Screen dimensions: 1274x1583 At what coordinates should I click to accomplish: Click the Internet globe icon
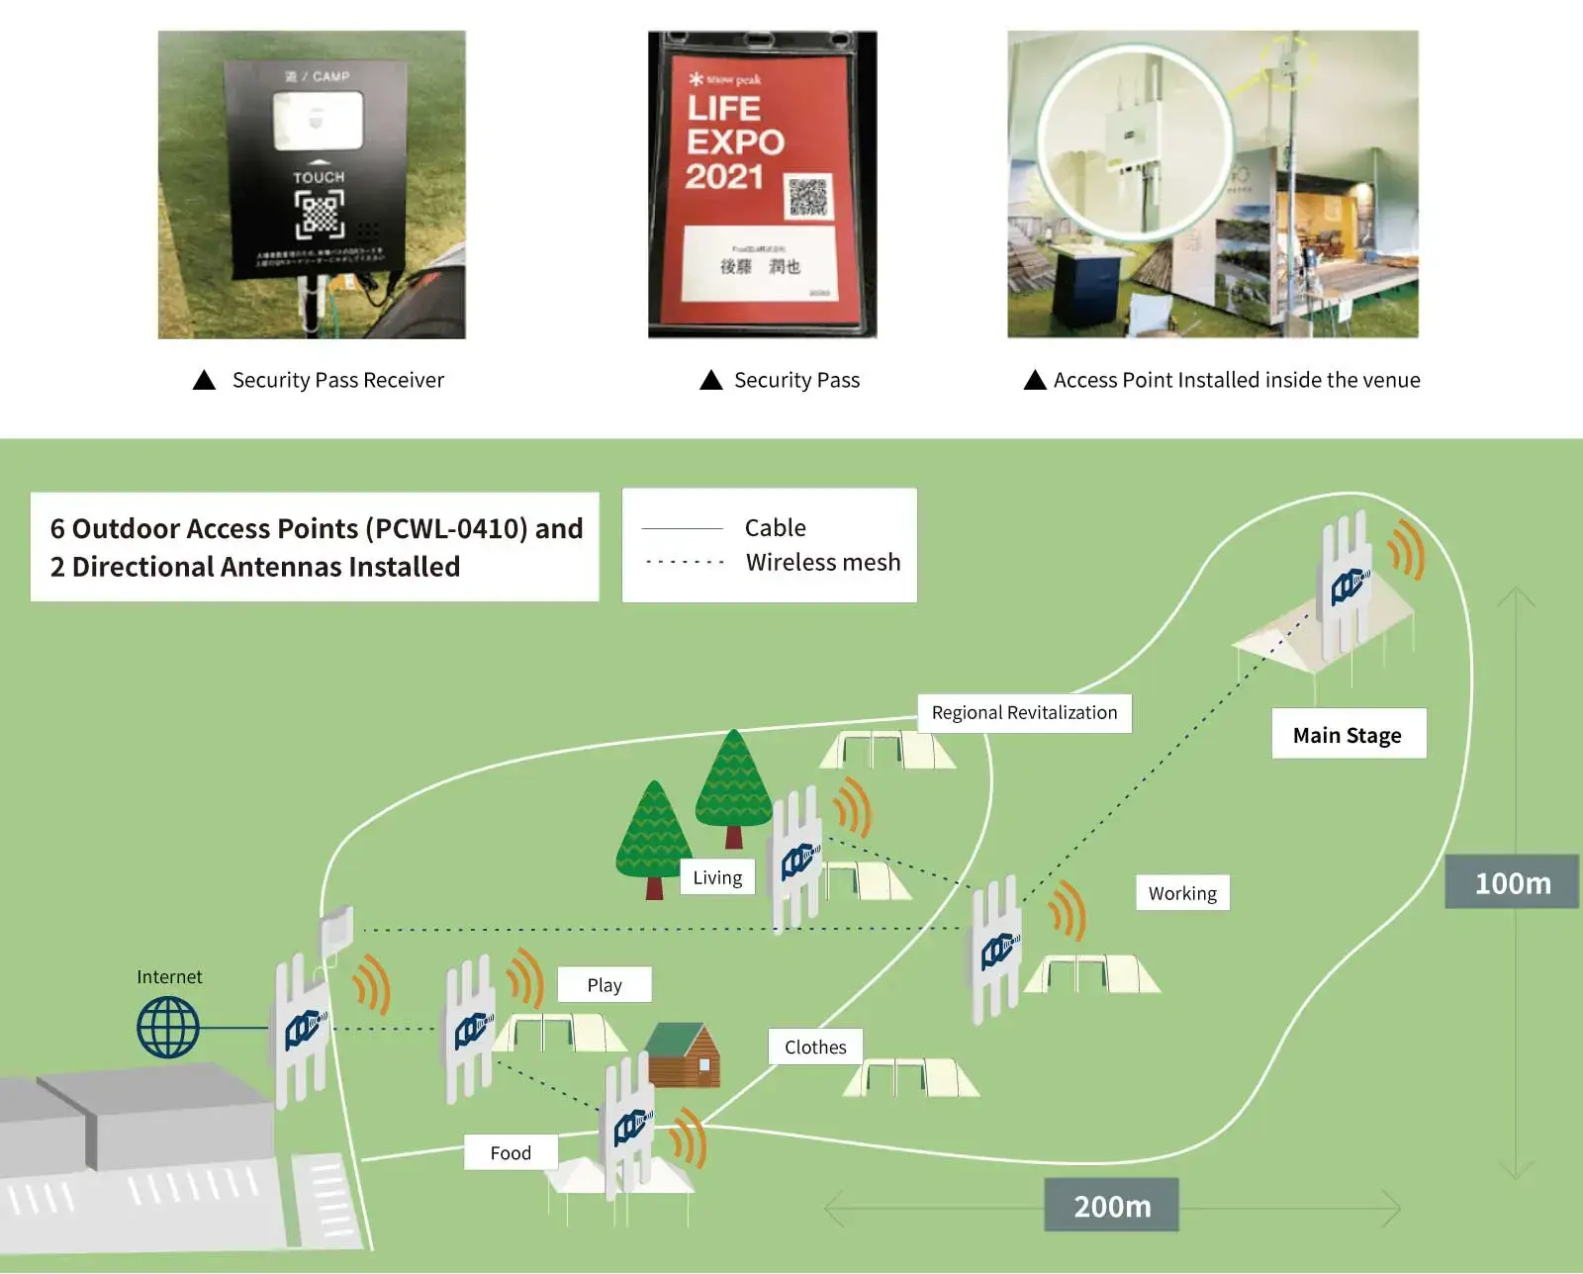point(168,1027)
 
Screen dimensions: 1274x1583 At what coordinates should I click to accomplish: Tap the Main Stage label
point(1348,735)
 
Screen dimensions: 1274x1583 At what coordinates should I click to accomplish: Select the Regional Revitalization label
point(1024,713)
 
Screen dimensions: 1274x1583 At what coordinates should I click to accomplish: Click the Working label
point(1182,893)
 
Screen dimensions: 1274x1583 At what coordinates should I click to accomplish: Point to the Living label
point(717,877)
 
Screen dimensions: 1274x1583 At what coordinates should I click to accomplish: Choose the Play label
point(605,985)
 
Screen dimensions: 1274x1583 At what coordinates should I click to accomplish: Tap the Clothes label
point(815,1046)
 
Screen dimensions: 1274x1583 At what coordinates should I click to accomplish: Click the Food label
point(511,1152)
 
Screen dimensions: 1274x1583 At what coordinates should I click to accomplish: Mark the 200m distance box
point(1112,1206)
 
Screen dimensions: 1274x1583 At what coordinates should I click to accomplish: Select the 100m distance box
point(1512,882)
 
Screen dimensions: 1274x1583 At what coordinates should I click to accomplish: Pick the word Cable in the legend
point(775,527)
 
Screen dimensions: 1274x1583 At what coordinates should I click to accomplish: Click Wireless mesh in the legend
point(823,562)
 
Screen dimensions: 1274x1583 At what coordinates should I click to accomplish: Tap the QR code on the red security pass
point(807,198)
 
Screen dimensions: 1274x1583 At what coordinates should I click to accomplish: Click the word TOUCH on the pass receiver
point(319,177)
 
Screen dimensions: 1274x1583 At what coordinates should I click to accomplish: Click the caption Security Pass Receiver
point(337,380)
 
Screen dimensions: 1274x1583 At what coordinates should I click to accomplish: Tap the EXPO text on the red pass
point(736,142)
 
